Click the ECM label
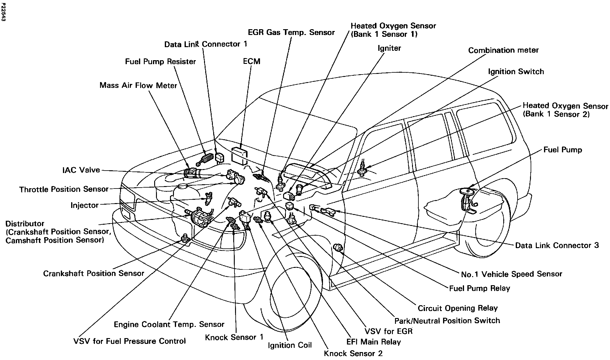coord(251,61)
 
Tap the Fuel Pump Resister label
coord(160,62)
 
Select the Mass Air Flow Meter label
coord(138,85)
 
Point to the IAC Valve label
coord(81,170)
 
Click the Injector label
coord(85,205)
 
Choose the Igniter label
coord(389,48)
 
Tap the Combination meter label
coord(503,50)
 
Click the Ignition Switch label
coord(516,72)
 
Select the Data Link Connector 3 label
coord(557,245)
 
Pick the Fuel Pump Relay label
coord(480,288)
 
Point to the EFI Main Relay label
coord(374,342)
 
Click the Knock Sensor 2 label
coord(353,354)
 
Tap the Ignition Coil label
coord(289,345)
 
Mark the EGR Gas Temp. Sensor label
coord(291,33)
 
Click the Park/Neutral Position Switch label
coord(447,321)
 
